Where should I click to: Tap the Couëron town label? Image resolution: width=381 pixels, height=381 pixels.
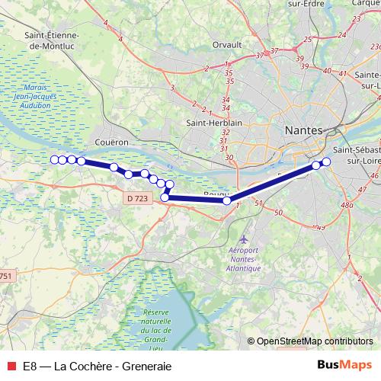coord(112,142)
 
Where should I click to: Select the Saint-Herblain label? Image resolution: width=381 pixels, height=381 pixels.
coord(215,123)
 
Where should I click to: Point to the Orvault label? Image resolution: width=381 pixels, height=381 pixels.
coord(226,45)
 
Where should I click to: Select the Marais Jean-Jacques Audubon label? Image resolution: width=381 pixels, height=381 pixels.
coord(37,97)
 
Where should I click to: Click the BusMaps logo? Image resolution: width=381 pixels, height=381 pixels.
coord(344,365)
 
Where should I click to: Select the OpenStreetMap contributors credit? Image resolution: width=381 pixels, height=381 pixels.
coord(315,341)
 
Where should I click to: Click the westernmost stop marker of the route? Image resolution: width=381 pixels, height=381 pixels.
coord(54,159)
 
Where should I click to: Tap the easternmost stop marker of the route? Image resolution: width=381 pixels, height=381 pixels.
coord(326,161)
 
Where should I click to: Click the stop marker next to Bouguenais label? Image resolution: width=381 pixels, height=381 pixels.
coord(226,201)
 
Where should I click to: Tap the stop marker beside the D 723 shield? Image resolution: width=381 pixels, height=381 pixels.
coord(165,198)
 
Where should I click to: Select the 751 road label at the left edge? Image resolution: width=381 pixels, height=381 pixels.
coord(5,276)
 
